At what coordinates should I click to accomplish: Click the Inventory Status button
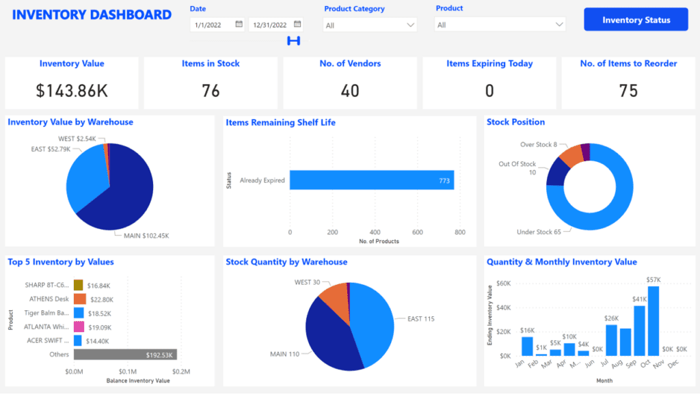(x=636, y=20)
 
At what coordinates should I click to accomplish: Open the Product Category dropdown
(x=370, y=25)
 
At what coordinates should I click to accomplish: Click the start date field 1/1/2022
(x=212, y=25)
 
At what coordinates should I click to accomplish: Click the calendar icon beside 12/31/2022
(x=297, y=24)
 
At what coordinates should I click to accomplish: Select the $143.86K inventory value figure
(x=72, y=90)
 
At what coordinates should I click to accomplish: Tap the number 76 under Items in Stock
(x=211, y=90)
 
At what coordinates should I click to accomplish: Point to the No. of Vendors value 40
(x=350, y=90)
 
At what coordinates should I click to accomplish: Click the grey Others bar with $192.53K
(x=125, y=355)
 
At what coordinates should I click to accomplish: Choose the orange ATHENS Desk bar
(x=80, y=299)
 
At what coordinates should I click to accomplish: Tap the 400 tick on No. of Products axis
(x=375, y=232)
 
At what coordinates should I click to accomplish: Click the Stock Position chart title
(x=515, y=122)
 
